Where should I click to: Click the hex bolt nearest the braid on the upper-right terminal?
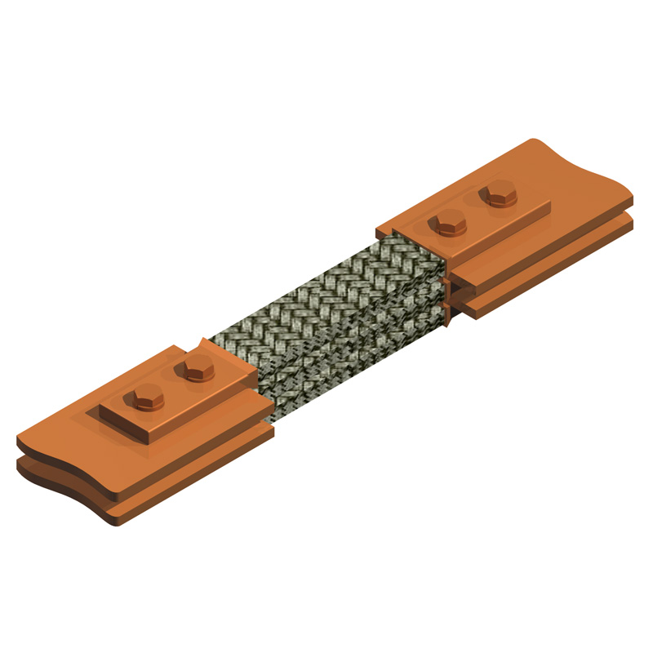pyautogui.click(x=448, y=222)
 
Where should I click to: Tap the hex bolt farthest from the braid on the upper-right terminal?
pyautogui.click(x=497, y=196)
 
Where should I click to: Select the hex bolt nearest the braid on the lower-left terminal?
pyautogui.click(x=195, y=370)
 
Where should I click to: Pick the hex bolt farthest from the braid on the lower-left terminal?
pyautogui.click(x=146, y=399)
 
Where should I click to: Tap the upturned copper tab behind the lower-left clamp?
pyautogui.click(x=203, y=344)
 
